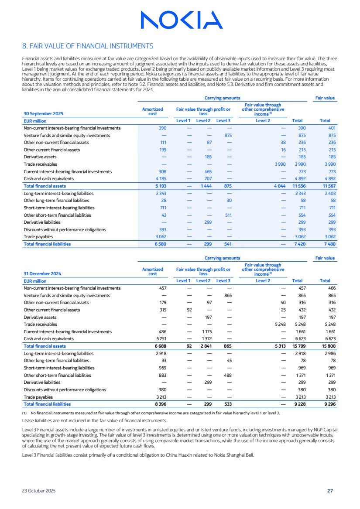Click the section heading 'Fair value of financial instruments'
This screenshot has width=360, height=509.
[88, 46]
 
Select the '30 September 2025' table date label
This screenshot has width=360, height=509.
[43, 113]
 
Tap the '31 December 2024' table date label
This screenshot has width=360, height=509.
[42, 273]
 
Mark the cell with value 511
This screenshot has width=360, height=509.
[228, 215]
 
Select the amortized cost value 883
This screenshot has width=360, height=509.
[161, 375]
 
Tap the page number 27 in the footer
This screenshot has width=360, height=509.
[330, 491]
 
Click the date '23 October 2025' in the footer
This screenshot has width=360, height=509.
[39, 491]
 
